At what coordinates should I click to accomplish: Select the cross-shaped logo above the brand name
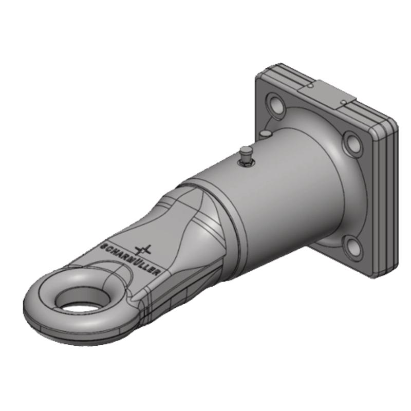coord(143,250)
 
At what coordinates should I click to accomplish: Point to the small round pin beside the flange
coord(265,134)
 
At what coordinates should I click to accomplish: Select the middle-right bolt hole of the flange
coord(353,143)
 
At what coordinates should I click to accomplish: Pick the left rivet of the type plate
coord(310,86)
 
